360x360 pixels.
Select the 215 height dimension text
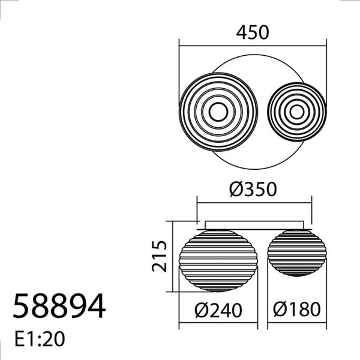(158, 256)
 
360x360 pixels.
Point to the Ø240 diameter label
(218, 310)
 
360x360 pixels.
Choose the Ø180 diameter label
(296, 310)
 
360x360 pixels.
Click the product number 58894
(59, 307)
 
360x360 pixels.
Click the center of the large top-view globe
(218, 112)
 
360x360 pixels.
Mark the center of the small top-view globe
(296, 112)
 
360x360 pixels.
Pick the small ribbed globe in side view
(296, 254)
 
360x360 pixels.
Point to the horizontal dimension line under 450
(252, 44)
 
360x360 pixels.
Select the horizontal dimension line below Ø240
(218, 326)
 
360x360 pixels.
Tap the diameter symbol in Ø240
(203, 310)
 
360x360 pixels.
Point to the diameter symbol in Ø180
(281, 310)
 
